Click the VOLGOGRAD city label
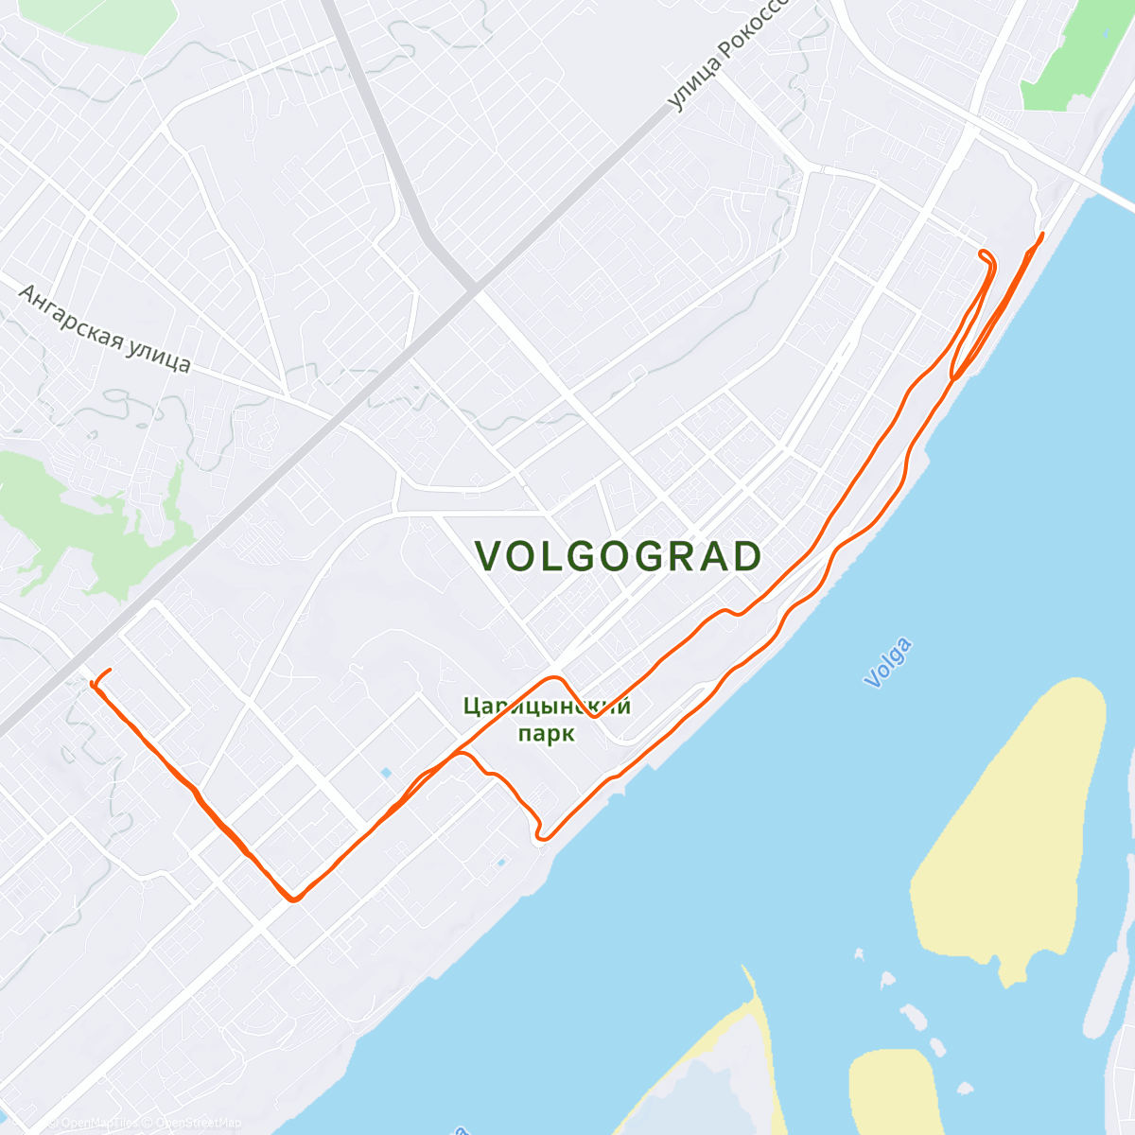pyautogui.click(x=619, y=557)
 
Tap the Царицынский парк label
pyautogui.click(x=547, y=720)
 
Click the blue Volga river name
pyautogui.click(x=888, y=662)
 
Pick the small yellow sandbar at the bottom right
pyautogui.click(x=894, y=1088)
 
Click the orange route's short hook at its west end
pyautogui.click(x=97, y=677)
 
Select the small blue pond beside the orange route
pyautogui.click(x=385, y=774)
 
